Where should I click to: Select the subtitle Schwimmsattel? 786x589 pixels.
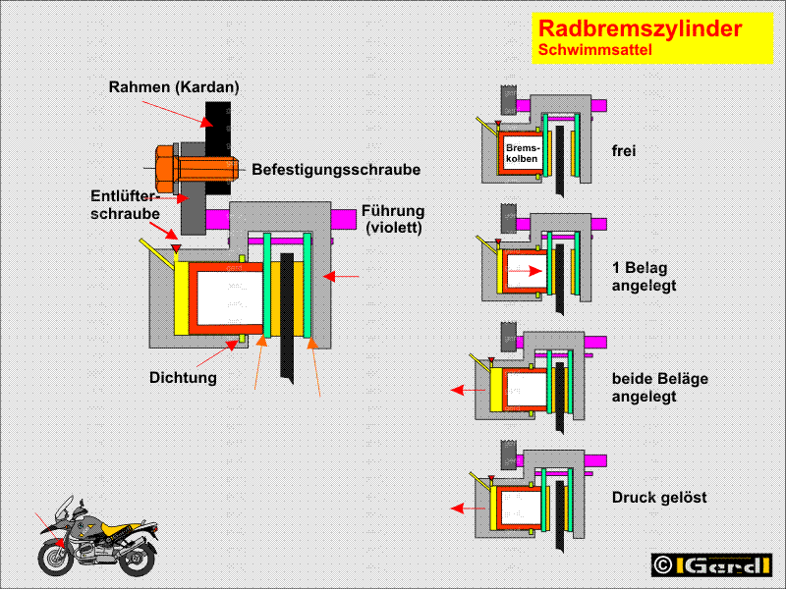pyautogui.click(x=594, y=50)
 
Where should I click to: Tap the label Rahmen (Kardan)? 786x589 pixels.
pyautogui.click(x=174, y=87)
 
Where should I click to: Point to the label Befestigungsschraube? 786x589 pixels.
pyautogui.click(x=336, y=170)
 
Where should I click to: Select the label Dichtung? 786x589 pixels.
pyautogui.click(x=184, y=376)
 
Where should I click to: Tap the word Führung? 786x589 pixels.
pyautogui.click(x=393, y=211)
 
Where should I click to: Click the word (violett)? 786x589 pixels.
pyautogui.click(x=394, y=229)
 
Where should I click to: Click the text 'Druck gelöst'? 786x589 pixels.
pyautogui.click(x=659, y=498)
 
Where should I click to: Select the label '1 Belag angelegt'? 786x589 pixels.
pyautogui.click(x=644, y=276)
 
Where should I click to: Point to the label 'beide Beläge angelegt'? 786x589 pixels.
pyautogui.click(x=659, y=388)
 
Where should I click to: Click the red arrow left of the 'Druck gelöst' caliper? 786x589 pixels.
pyautogui.click(x=460, y=509)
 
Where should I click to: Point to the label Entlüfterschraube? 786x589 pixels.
pyautogui.click(x=125, y=204)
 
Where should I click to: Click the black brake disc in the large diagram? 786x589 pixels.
pyautogui.click(x=287, y=314)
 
